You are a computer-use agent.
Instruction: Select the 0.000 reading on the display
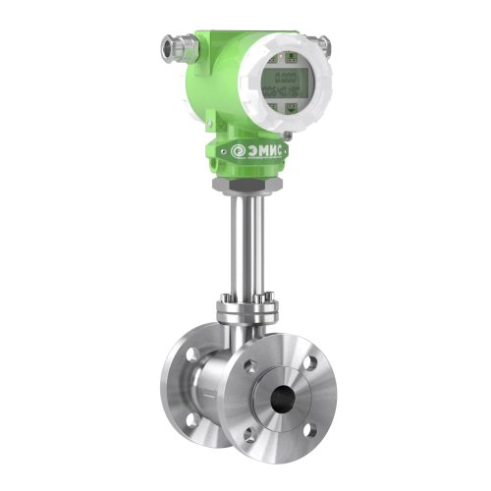click(x=287, y=78)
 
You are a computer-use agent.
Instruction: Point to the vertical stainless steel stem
click(x=243, y=245)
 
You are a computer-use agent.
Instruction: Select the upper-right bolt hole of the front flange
click(x=310, y=362)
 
